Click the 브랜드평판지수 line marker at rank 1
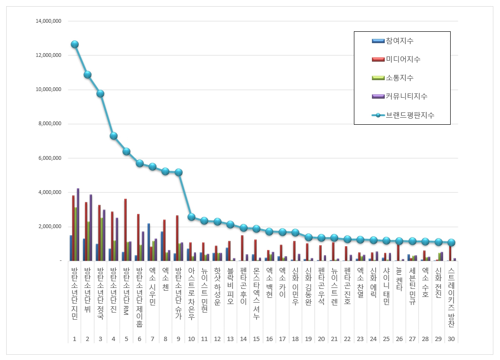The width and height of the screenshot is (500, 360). [74, 44]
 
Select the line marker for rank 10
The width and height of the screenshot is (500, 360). [191, 217]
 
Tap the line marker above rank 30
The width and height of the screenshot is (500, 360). [451, 242]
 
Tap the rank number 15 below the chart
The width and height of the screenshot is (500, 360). [256, 339]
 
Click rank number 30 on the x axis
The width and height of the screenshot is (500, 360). [451, 339]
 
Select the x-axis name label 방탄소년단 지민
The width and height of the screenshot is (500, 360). [74, 294]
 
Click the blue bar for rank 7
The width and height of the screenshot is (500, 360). [148, 242]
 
